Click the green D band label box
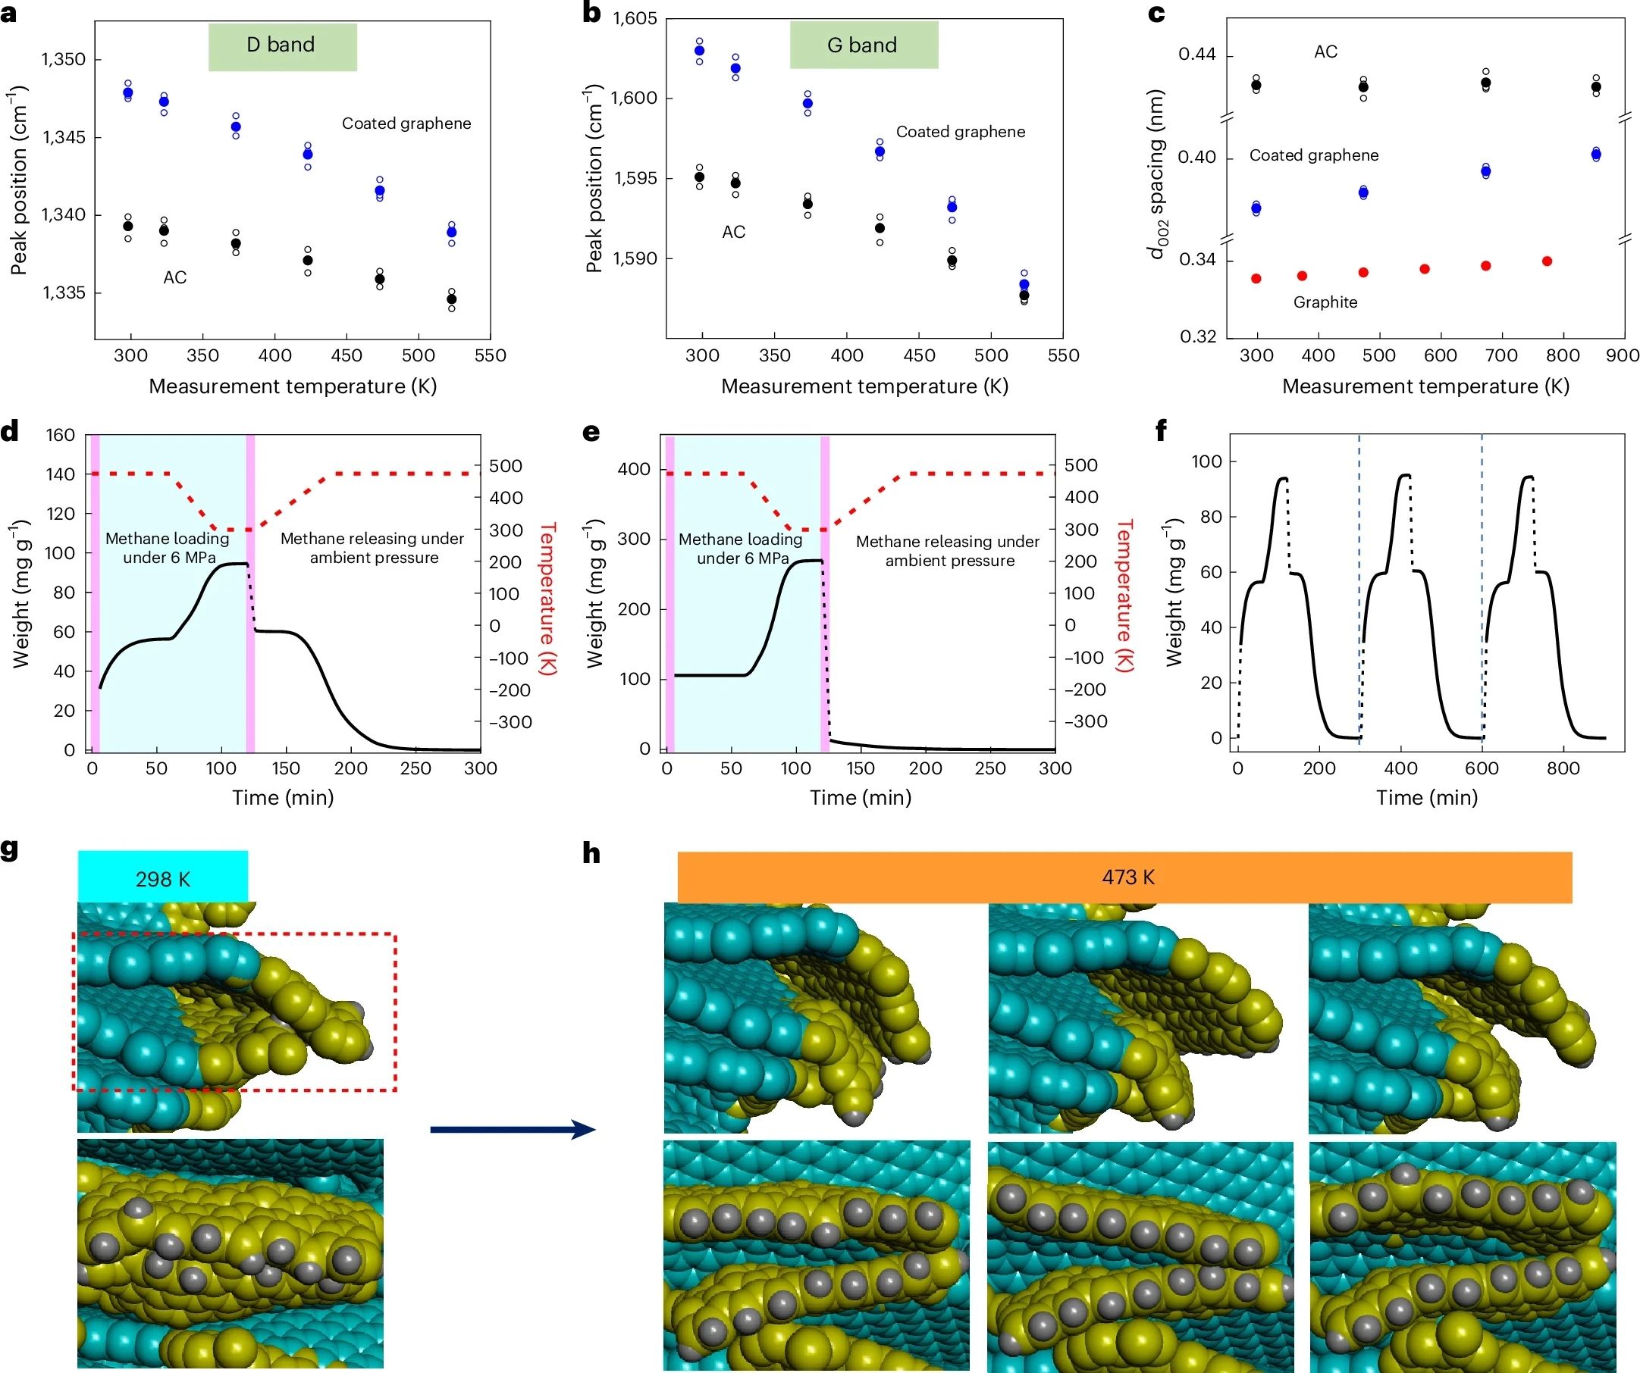pyautogui.click(x=282, y=47)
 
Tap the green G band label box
pyautogui.click(x=863, y=45)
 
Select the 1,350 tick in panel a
pyautogui.click(x=64, y=60)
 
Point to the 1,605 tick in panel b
pyautogui.click(x=635, y=19)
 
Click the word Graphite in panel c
pyautogui.click(x=1325, y=302)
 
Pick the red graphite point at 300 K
pyautogui.click(x=1256, y=279)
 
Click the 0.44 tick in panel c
pyautogui.click(x=1196, y=55)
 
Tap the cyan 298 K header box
pyautogui.click(x=162, y=878)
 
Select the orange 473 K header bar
pyautogui.click(x=1124, y=877)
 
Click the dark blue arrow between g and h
pyautogui.click(x=513, y=1130)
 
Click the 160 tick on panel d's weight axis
pyautogui.click(x=61, y=436)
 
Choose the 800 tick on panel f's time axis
pyautogui.click(x=1563, y=769)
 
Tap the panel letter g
pyautogui.click(x=9, y=849)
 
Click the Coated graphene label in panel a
pyautogui.click(x=406, y=124)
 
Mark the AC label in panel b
pyautogui.click(x=733, y=232)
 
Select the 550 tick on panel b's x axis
pyautogui.click(x=1063, y=356)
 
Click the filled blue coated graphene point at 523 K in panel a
pyautogui.click(x=451, y=233)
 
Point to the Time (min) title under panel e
pyautogui.click(x=860, y=798)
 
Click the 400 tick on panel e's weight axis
pyautogui.click(x=633, y=470)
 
